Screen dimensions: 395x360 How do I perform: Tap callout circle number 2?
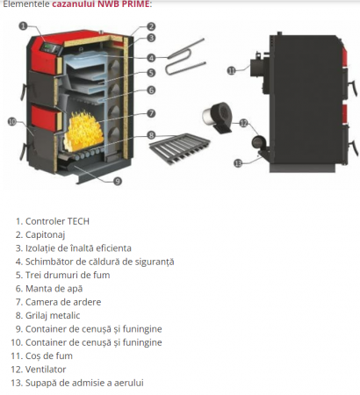tap(151, 26)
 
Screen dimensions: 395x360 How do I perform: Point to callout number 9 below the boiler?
tap(118, 181)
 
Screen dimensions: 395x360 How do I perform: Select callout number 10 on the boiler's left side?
tap(12, 121)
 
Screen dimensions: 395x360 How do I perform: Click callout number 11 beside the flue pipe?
tap(232, 69)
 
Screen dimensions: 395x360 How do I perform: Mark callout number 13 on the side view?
tap(237, 163)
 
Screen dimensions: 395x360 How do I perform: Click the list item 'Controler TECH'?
tap(57, 221)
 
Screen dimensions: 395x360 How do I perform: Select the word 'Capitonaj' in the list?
tap(47, 234)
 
